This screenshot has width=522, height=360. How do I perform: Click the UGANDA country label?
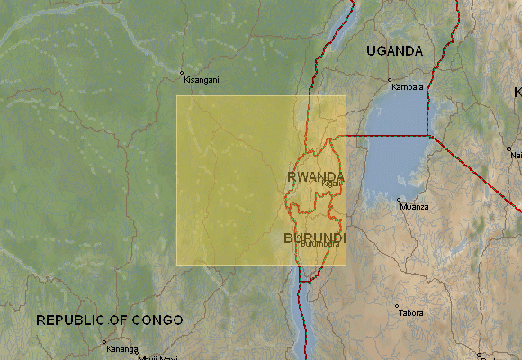tap(394, 51)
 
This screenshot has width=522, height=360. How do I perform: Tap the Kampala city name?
tap(406, 88)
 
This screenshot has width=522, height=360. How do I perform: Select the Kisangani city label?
tap(200, 80)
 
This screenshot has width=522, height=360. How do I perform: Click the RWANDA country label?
tap(316, 175)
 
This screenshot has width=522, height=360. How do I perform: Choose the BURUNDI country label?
tap(314, 238)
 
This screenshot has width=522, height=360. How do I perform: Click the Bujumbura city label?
tap(320, 244)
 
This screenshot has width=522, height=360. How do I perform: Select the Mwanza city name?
tap(415, 207)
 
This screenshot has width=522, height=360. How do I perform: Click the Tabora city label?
tap(412, 313)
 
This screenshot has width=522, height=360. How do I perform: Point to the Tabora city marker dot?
tap(397, 306)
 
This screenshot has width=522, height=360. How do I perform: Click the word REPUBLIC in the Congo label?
tap(69, 320)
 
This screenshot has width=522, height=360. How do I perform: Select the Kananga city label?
tap(121, 349)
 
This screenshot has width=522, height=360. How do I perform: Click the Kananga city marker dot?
tap(104, 342)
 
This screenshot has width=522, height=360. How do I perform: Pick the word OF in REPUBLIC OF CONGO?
tap(118, 320)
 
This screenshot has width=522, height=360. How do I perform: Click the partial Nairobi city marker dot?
tap(508, 148)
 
